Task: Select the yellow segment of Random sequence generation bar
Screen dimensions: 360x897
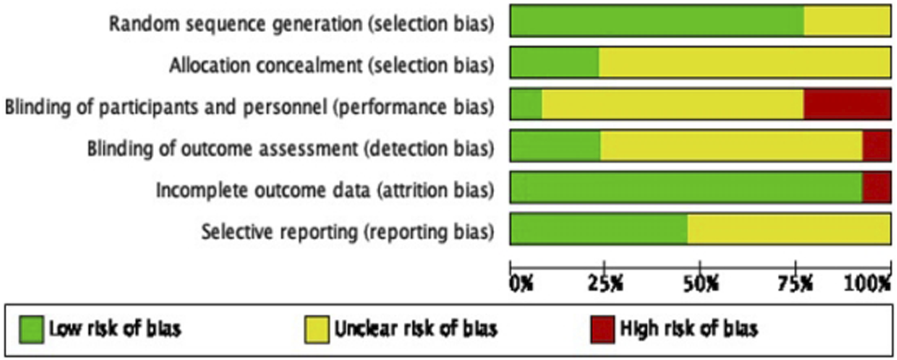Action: click(x=847, y=21)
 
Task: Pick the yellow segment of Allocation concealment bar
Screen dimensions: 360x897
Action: click(x=744, y=63)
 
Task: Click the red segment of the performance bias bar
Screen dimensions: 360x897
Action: click(x=847, y=104)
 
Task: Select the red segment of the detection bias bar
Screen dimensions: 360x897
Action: click(x=876, y=146)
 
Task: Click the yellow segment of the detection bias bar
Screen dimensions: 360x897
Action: click(x=731, y=146)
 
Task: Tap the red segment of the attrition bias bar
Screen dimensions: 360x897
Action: click(x=876, y=187)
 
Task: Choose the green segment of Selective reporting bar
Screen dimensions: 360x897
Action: click(x=599, y=229)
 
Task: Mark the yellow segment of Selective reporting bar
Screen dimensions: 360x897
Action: click(x=789, y=229)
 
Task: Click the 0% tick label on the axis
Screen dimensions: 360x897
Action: click(x=521, y=283)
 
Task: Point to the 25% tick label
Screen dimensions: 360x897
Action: click(x=607, y=283)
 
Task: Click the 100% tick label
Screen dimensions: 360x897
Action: click(x=868, y=283)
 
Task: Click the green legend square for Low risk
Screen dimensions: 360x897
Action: click(x=31, y=329)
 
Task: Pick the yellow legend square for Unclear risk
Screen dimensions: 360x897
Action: click(x=317, y=329)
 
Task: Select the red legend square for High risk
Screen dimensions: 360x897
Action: click(x=602, y=329)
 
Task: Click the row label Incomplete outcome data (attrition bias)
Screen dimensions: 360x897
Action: click(x=325, y=190)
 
